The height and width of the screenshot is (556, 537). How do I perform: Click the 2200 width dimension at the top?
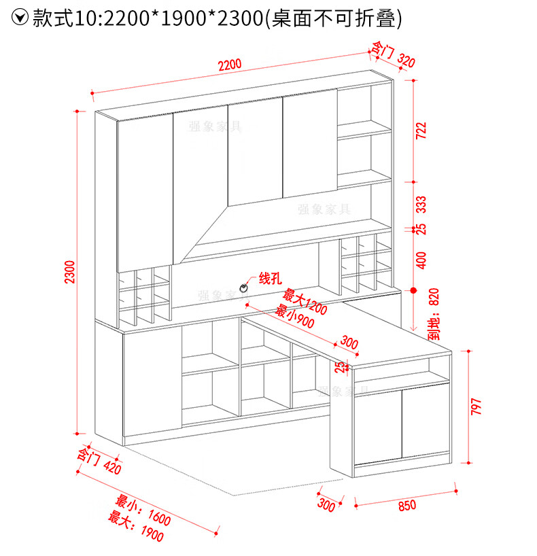(230, 66)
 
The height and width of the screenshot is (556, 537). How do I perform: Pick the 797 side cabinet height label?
(476, 406)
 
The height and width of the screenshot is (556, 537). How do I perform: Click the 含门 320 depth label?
(392, 54)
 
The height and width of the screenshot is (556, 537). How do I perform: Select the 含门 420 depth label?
(99, 462)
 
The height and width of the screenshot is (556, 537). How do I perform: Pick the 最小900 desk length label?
(294, 317)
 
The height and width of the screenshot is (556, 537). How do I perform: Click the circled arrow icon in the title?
(21, 18)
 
